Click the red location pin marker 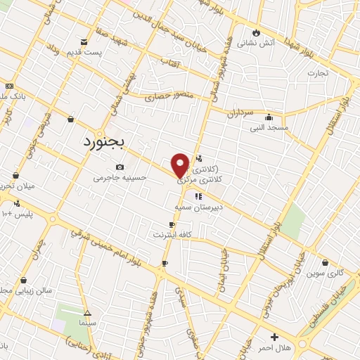[x=180, y=165]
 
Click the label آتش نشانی [x=251, y=43]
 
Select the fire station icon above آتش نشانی [x=256, y=32]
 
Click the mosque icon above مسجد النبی [x=269, y=117]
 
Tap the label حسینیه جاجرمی [x=120, y=178]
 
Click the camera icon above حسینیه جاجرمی [x=120, y=167]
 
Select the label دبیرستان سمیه [x=199, y=207]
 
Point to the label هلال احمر [x=274, y=348]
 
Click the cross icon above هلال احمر [x=274, y=337]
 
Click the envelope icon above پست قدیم [x=84, y=42]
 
